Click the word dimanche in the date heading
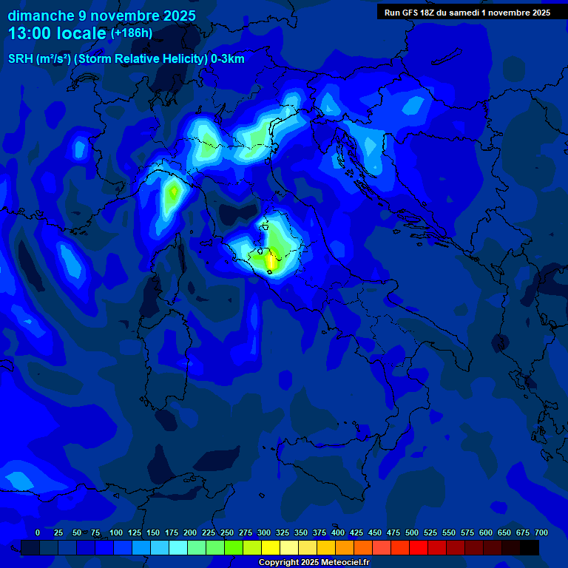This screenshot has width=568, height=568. (x=40, y=16)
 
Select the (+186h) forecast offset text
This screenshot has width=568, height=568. (x=131, y=33)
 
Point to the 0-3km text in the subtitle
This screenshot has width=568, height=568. (x=227, y=59)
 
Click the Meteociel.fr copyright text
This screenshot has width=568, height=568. (x=339, y=563)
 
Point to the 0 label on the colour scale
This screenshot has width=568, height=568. (x=38, y=532)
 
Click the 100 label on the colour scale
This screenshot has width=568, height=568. (x=116, y=532)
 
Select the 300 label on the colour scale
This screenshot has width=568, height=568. (x=264, y=532)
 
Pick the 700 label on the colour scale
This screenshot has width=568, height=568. (x=541, y=532)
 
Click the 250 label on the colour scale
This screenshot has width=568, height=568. (x=227, y=532)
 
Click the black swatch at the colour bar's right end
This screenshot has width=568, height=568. (x=530, y=547)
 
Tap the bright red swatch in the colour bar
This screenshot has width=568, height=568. (x=419, y=547)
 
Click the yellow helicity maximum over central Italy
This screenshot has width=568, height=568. (x=271, y=260)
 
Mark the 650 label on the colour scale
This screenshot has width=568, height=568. (x=504, y=532)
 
